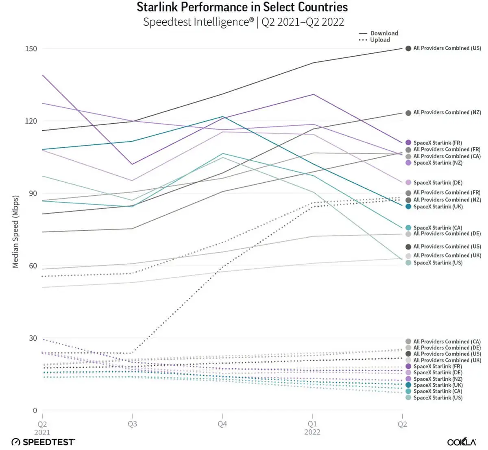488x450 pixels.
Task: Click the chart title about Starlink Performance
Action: (x=242, y=7)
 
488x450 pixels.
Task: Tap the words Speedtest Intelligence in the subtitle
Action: (x=198, y=22)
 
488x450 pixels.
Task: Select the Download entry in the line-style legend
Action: (x=384, y=33)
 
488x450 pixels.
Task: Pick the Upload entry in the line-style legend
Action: (x=380, y=40)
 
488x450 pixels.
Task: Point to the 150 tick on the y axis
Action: (x=31, y=49)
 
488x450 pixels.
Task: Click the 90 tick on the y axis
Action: (x=33, y=194)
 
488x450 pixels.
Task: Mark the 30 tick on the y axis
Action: (x=33, y=339)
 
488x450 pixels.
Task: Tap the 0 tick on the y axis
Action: (x=35, y=411)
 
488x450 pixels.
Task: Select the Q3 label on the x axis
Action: (x=132, y=424)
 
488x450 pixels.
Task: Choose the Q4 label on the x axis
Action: (x=222, y=424)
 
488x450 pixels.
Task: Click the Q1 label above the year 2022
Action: (x=312, y=424)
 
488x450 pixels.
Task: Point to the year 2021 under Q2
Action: (x=42, y=432)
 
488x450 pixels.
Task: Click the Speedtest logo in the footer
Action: (x=43, y=442)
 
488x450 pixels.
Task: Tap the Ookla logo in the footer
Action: (x=462, y=442)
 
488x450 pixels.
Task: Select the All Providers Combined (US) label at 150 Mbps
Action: (x=447, y=48)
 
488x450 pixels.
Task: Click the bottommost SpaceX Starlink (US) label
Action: (x=438, y=398)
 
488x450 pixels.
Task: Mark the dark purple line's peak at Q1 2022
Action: (x=312, y=94)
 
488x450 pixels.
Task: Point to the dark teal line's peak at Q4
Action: (x=222, y=117)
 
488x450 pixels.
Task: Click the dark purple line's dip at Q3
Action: (x=132, y=164)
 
